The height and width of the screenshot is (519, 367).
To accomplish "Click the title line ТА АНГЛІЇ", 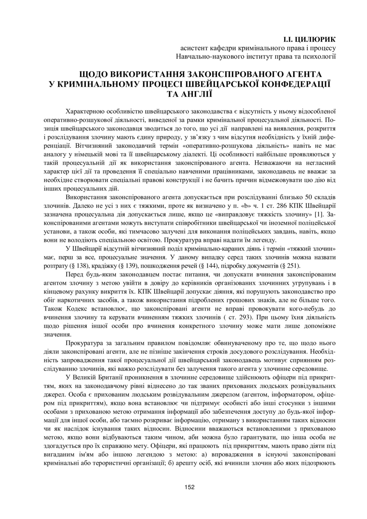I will click(190, 94).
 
